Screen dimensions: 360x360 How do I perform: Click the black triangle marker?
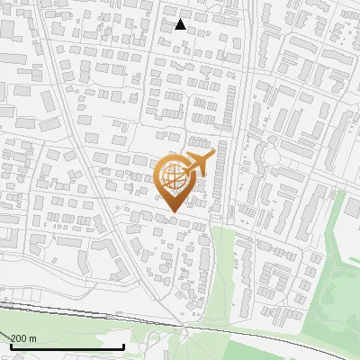pos(181,24)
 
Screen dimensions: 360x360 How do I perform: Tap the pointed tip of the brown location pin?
pos(172,211)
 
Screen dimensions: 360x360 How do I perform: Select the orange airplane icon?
pos(198,164)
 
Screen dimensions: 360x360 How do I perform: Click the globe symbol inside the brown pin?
pos(172,177)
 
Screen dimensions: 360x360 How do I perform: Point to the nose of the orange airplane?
pos(214,154)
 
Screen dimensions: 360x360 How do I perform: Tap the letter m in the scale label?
pos(33,338)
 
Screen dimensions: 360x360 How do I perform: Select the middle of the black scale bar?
pos(67,346)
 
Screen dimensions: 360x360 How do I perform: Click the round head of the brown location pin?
pos(172,177)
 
